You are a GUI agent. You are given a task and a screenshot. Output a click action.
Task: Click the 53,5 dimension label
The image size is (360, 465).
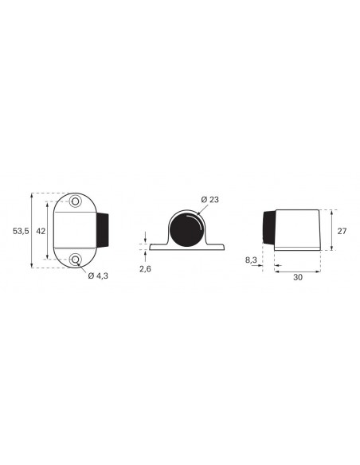click(21, 231)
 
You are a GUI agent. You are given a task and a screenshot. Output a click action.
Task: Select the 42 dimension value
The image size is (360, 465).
click(41, 231)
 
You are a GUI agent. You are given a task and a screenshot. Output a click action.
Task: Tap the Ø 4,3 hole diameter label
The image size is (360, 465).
click(98, 276)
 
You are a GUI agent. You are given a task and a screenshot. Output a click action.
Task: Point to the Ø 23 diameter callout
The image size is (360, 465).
click(210, 200)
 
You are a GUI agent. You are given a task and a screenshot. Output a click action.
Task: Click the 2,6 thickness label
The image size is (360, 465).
click(145, 269)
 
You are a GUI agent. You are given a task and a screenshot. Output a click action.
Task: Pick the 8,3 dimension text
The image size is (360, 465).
click(251, 260)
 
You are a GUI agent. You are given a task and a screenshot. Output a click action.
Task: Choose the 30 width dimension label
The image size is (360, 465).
click(298, 277)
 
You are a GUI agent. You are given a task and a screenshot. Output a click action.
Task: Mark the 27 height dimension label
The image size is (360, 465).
click(342, 231)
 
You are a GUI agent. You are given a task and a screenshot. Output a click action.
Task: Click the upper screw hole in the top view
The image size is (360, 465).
click(76, 201)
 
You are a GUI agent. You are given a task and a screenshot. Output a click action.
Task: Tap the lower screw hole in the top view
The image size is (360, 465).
click(76, 260)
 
